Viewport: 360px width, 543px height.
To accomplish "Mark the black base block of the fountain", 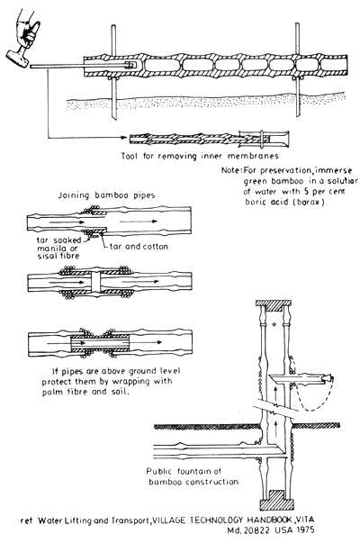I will (x=276, y=495).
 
